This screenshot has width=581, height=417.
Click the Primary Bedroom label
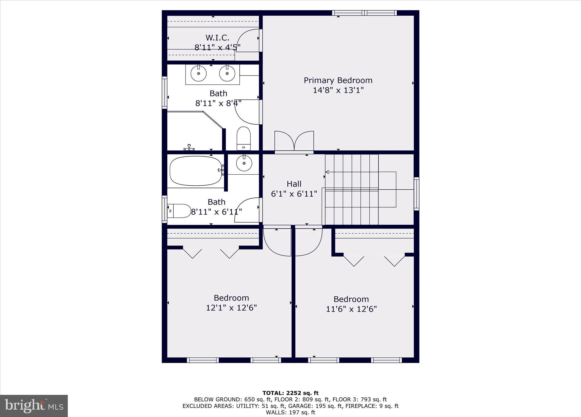[338, 80]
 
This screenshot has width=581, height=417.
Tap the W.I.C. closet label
[217, 37]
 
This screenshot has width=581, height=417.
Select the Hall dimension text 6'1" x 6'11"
[294, 194]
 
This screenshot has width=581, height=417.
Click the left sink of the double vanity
[199, 74]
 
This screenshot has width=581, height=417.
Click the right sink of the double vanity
[227, 74]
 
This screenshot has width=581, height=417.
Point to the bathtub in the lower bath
[195, 171]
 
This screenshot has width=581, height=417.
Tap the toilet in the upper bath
[244, 138]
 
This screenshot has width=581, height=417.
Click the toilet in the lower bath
[179, 211]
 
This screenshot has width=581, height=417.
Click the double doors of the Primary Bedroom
[294, 141]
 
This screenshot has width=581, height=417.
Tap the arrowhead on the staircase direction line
[327, 172]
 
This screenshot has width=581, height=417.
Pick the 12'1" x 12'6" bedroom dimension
[231, 308]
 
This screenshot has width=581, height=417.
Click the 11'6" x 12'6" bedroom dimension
[351, 309]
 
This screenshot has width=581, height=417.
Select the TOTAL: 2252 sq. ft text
[290, 393]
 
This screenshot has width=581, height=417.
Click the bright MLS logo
[34, 406]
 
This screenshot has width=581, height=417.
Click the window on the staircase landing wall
[416, 194]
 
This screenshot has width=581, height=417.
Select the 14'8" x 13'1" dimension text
[338, 90]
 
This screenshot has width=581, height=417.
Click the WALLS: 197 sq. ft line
[290, 412]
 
